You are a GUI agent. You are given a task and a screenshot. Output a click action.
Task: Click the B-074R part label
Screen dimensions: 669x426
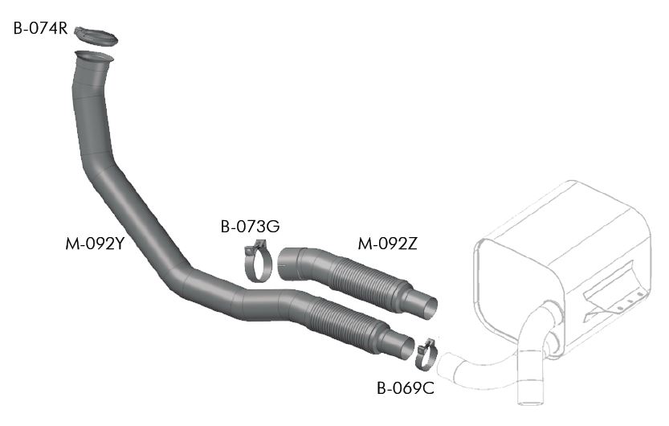pos(40,29)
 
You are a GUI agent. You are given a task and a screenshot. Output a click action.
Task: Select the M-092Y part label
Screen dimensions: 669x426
pos(95,244)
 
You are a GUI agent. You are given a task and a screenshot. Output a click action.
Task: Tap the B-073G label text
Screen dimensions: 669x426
pos(250,226)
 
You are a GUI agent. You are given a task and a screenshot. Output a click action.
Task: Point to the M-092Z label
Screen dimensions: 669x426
pos(387,244)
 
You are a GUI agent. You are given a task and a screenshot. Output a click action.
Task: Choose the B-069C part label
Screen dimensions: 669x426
pos(406,388)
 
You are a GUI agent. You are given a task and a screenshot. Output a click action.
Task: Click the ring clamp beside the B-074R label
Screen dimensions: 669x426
pos(96,37)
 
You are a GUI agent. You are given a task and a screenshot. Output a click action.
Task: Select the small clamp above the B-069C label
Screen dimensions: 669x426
pos(426,354)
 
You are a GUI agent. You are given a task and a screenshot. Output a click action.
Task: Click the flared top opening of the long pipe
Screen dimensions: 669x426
pos(94,57)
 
